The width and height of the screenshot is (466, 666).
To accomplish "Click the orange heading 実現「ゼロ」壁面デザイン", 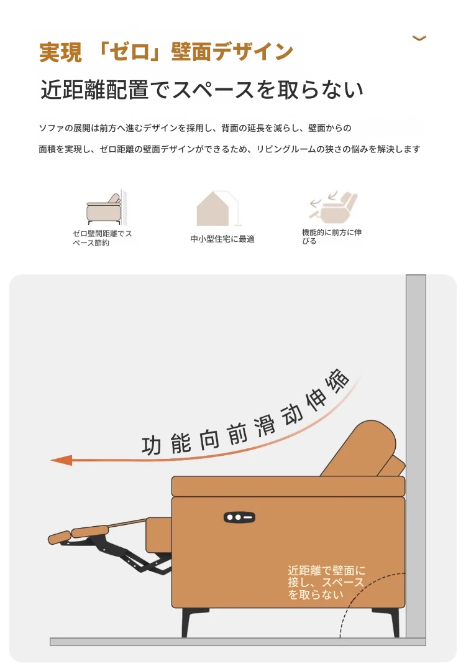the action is click(166, 52).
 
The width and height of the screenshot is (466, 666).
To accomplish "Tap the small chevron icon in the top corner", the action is click(419, 38).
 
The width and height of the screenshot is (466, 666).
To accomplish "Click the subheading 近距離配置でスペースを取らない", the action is click(202, 90).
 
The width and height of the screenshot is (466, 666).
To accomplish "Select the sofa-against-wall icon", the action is click(106, 207).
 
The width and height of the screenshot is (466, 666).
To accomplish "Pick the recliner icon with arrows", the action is click(334, 207).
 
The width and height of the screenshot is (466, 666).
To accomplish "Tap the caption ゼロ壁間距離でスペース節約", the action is click(103, 238).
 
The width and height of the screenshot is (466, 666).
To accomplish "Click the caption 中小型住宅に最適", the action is click(222, 239).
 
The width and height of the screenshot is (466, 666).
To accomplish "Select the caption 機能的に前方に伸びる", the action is click(331, 236).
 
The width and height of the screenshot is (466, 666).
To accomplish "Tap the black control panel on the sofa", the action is click(239, 517).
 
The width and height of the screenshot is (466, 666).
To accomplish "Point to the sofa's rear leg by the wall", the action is click(388, 622).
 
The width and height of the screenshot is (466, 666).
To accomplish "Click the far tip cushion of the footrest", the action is click(59, 537).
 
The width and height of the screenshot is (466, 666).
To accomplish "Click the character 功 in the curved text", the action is click(151, 446).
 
